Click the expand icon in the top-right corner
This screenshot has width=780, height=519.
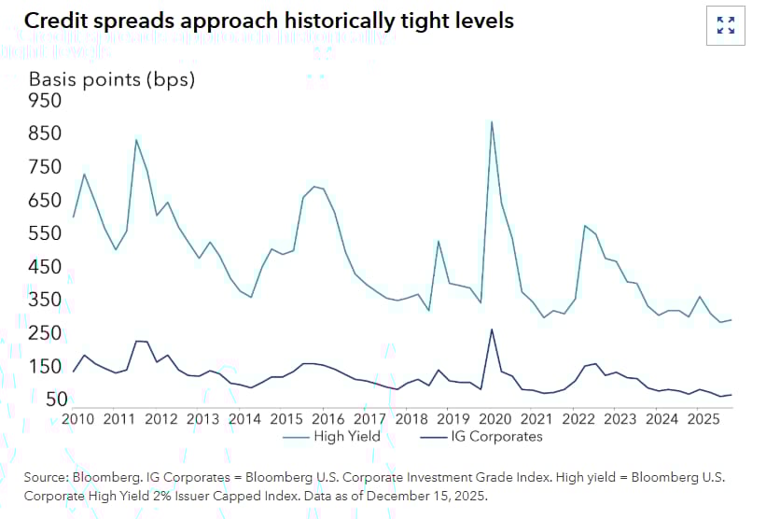pos(725,25)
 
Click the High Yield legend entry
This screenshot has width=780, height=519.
pos(332,436)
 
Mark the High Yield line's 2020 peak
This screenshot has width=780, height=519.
pos(492,121)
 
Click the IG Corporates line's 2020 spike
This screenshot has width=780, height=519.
pos(492,329)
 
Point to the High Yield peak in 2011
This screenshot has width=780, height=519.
pos(136,140)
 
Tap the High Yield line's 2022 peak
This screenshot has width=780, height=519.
pos(585,225)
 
